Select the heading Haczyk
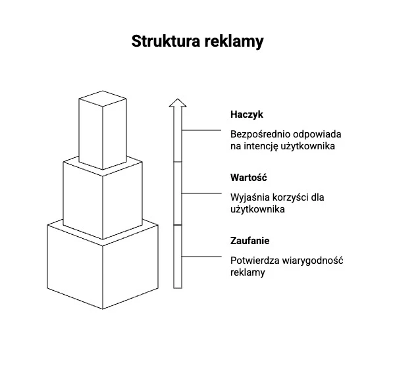coord(246,114)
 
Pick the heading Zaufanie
coord(250,241)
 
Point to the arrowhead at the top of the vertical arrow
coord(177,103)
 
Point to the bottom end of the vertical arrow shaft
coord(177,286)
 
